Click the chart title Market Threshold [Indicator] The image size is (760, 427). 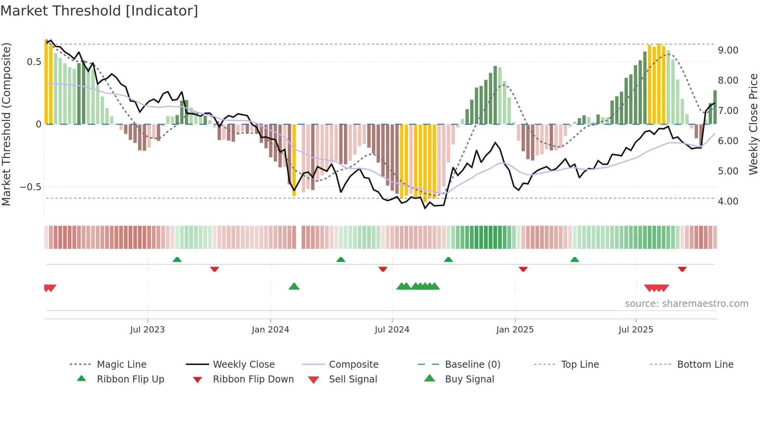coord(99,11)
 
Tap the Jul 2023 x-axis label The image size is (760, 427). coord(147,330)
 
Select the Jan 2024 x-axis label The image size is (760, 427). coord(270,330)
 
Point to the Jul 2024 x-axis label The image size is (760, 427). coord(392,330)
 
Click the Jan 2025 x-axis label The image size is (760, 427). coord(515,330)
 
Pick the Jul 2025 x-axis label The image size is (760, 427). coord(636,330)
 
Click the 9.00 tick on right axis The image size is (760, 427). coord(728,50)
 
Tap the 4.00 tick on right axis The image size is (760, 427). coord(728,201)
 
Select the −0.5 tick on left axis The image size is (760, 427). coord(31,187)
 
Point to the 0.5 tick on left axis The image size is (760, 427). coord(34,62)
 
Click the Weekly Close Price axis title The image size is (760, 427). coord(753,124)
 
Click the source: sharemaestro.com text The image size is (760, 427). coord(686,304)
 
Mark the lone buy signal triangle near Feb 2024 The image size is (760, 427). coord(294,287)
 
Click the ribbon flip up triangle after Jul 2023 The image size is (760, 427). coord(177,260)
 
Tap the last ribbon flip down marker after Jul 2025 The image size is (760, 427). coord(682,269)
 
